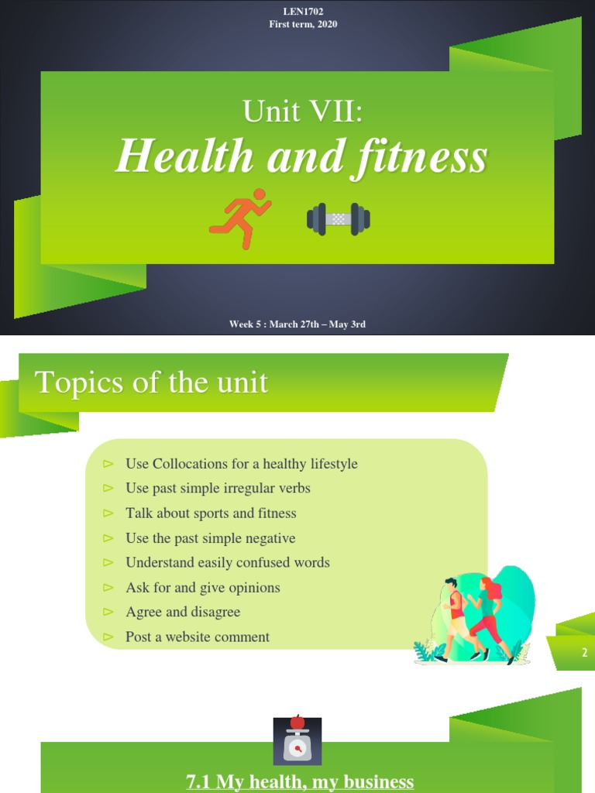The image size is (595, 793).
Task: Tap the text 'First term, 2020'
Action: pyautogui.click(x=297, y=24)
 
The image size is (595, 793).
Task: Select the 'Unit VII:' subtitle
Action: pyautogui.click(x=302, y=112)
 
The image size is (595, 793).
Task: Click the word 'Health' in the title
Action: pyautogui.click(x=184, y=157)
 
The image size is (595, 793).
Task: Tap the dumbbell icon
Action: pyautogui.click(x=338, y=218)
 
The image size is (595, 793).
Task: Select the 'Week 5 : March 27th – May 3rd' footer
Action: pyautogui.click(x=297, y=324)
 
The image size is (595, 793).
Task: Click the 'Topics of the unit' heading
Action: pyautogui.click(x=152, y=383)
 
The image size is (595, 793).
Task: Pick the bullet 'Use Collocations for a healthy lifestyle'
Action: pyautogui.click(x=241, y=464)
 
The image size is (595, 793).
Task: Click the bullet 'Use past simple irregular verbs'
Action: pyautogui.click(x=218, y=489)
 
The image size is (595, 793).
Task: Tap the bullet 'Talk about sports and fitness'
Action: pyautogui.click(x=211, y=513)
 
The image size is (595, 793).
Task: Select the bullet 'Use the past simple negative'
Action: pyautogui.click(x=210, y=538)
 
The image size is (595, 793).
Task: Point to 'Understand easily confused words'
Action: pyautogui.click(x=227, y=563)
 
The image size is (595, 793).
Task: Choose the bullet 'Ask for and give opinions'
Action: pyautogui.click(x=202, y=588)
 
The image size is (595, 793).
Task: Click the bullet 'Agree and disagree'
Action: pyautogui.click(x=183, y=613)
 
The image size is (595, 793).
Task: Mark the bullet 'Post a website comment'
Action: pyautogui.click(x=198, y=637)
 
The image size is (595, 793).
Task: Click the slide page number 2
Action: pyautogui.click(x=585, y=654)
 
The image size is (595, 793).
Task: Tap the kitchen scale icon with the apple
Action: pyautogui.click(x=297, y=741)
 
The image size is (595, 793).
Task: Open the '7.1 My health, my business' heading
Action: pyautogui.click(x=300, y=782)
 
